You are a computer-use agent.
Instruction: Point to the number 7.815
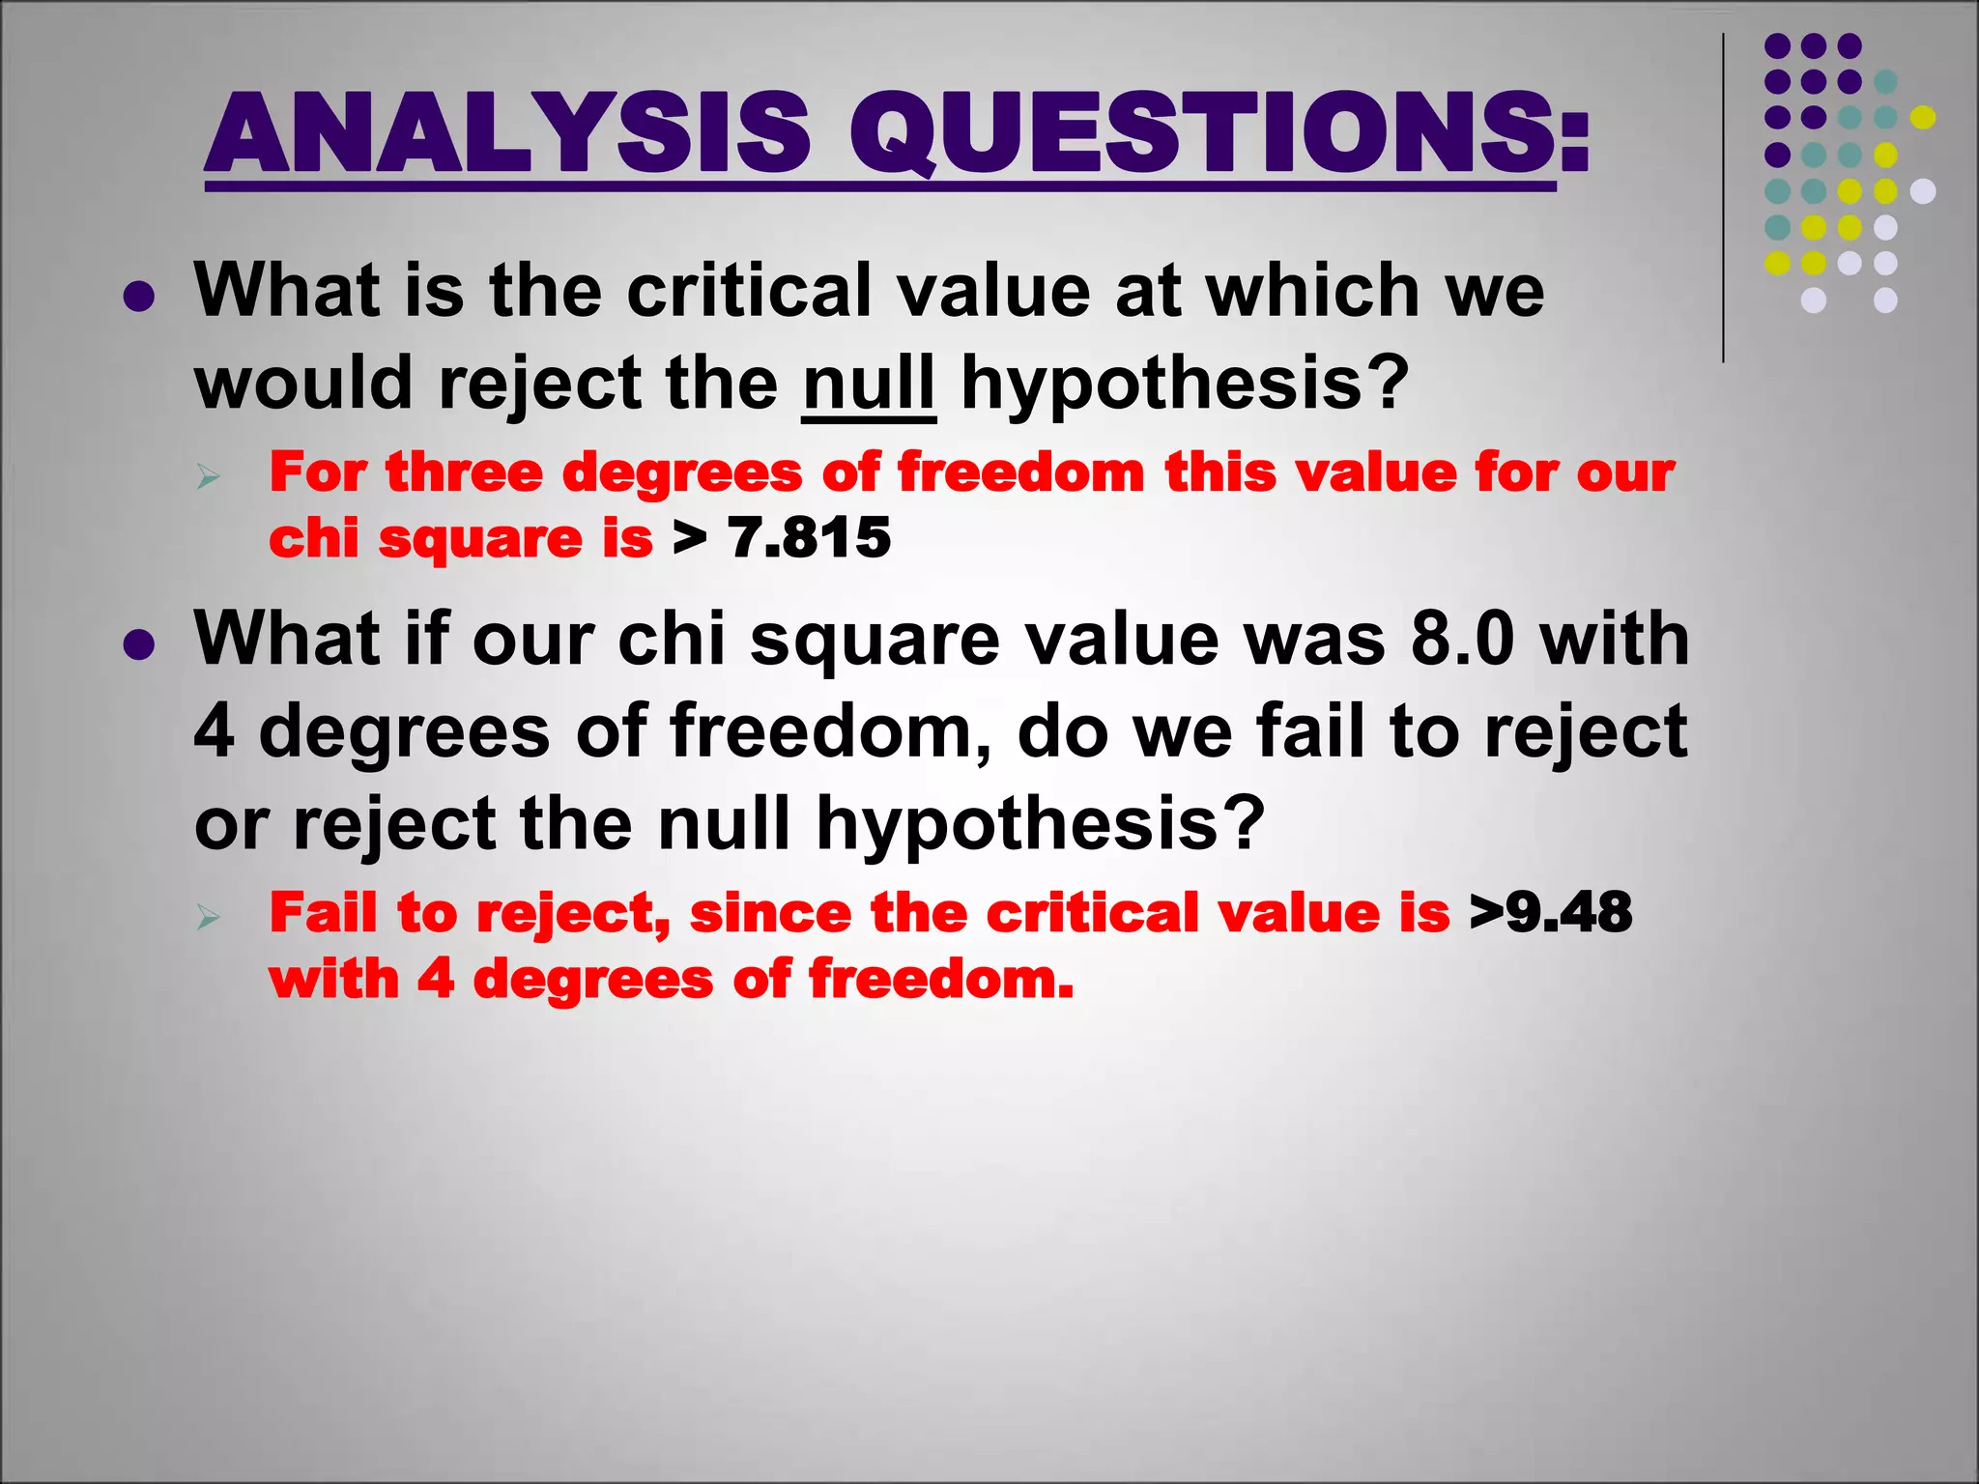click(x=809, y=538)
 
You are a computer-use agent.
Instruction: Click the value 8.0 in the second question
click(x=1461, y=639)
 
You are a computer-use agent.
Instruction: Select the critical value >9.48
click(x=1551, y=912)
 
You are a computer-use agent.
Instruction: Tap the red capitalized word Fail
click(x=323, y=912)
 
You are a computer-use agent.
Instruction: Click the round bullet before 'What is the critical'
click(x=139, y=297)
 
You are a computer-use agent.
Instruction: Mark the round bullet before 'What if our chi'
click(x=139, y=644)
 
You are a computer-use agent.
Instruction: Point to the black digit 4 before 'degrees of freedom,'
click(x=215, y=731)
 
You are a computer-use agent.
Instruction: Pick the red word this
click(x=1219, y=473)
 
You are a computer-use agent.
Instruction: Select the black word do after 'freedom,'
click(x=1062, y=731)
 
